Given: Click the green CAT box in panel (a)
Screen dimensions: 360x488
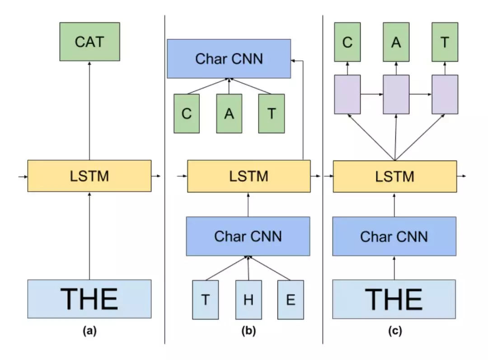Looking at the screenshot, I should [89, 42].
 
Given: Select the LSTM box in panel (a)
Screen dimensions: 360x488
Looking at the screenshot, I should [89, 175].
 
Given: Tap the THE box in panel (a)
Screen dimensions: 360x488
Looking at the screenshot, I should [89, 298].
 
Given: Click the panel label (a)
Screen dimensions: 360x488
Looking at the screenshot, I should [89, 331].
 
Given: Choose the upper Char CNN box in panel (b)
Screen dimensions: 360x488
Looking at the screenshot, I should [229, 58].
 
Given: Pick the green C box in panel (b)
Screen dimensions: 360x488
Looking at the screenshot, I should [187, 114].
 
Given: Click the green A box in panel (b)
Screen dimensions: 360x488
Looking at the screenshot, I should [229, 114].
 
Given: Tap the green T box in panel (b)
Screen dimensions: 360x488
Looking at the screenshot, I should [272, 114].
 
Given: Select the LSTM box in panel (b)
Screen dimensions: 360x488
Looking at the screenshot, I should [249, 175].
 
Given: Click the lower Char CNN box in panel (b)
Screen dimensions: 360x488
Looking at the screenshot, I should [248, 236].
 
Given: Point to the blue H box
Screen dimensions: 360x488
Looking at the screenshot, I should [248, 300].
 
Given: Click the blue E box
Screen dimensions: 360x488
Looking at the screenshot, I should [291, 300].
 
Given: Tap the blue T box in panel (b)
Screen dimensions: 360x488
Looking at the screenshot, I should [206, 300].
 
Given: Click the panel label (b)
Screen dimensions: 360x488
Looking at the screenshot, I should [248, 331].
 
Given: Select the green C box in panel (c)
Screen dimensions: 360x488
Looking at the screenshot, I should [347, 42].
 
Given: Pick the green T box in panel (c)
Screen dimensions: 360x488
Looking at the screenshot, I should [445, 42].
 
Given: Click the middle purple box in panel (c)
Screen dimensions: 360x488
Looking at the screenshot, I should [396, 95].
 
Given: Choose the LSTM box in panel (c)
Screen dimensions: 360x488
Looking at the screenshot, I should [394, 175].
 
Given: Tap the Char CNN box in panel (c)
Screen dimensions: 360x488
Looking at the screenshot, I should [394, 236].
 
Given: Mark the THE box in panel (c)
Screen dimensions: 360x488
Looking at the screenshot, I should [394, 298].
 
